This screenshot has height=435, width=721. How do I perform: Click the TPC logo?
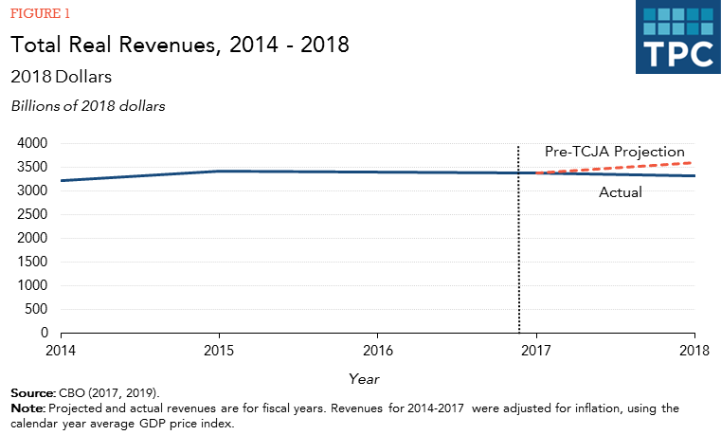point(676,37)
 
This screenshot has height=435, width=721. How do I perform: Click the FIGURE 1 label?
point(40,14)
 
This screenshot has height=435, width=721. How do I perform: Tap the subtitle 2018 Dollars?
point(63,76)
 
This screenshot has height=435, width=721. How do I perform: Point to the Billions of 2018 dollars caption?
point(88,106)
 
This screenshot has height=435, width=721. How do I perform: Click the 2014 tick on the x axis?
point(62,349)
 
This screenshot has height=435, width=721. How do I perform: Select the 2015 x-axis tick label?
point(220,349)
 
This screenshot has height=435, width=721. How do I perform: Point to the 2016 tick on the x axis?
point(378,349)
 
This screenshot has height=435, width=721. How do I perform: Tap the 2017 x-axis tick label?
point(537,349)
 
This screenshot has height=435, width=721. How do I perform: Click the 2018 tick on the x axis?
point(694,349)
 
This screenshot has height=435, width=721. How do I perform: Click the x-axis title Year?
point(364,377)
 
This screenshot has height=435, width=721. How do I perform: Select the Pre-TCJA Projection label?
point(614,152)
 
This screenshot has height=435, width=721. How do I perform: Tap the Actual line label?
point(621,192)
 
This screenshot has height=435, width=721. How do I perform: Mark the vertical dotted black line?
point(519,246)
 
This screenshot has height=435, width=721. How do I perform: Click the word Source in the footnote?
point(33,392)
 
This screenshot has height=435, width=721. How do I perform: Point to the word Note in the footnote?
point(27,408)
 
